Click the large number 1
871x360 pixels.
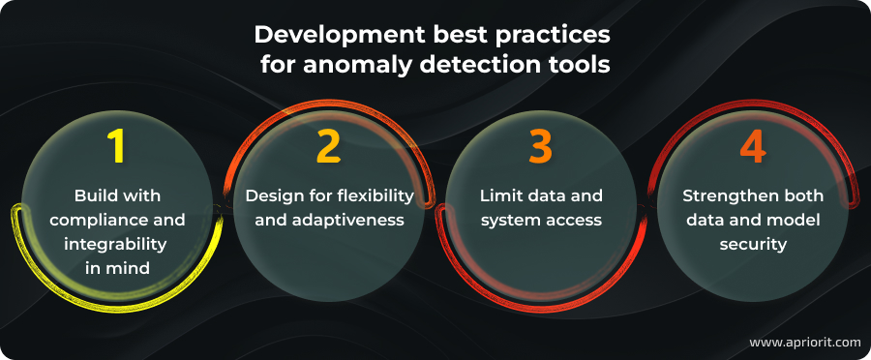117,145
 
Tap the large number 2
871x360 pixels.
329,145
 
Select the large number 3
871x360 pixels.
540,145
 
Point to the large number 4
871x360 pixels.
752,145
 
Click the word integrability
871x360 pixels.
117,244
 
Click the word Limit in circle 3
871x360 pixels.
499,195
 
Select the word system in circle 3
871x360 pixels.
504,220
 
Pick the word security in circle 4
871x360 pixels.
752,244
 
